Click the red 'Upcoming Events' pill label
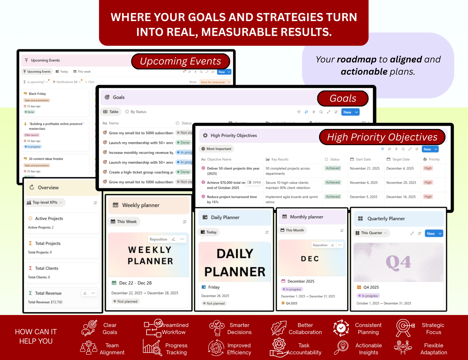click(180, 61)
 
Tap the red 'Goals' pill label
click(343, 99)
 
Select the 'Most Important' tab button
click(217, 149)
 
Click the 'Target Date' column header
click(401, 159)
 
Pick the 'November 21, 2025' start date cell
click(364, 168)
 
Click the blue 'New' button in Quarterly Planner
click(431, 233)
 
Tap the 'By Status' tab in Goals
click(136, 112)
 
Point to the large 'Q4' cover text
click(398, 262)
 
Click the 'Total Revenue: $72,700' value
click(45, 302)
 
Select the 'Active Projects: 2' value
click(41, 227)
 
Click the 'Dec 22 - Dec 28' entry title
click(135, 283)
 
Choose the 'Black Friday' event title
click(37, 94)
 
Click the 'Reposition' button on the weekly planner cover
click(158, 239)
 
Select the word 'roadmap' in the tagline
click(357, 60)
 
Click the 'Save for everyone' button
click(213, 82)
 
